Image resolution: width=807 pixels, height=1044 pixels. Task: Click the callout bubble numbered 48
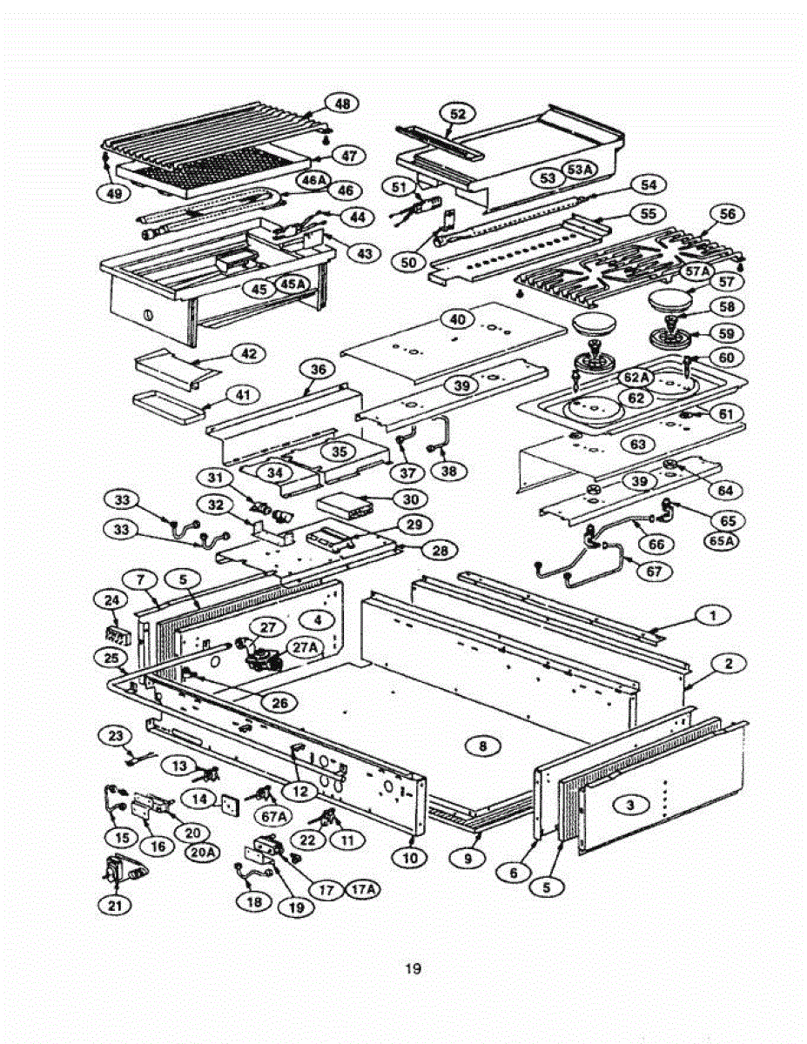point(342,104)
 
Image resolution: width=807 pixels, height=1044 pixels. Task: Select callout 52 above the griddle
point(458,114)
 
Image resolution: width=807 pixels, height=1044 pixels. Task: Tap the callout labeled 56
point(728,213)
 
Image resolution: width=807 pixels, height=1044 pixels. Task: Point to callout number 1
point(713,616)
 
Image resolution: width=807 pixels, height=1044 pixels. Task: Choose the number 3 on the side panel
point(629,806)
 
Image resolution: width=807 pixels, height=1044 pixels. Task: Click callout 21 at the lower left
point(115,905)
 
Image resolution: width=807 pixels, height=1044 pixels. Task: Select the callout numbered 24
point(111,600)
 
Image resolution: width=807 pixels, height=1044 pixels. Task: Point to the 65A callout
point(723,540)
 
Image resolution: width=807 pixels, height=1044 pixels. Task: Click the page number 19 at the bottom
point(414,968)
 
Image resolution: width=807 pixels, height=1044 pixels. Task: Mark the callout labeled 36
point(318,370)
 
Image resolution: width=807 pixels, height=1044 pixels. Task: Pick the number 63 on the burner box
point(638,445)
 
